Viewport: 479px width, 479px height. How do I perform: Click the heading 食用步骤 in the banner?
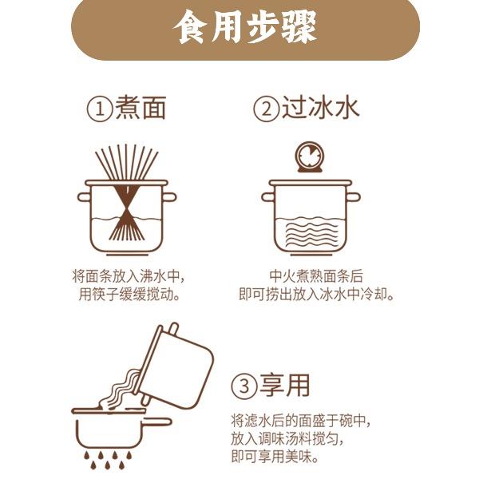click(245, 27)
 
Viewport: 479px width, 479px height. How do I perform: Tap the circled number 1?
click(100, 109)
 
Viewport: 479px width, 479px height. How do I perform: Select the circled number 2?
click(266, 109)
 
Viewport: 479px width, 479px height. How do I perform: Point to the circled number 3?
click(244, 386)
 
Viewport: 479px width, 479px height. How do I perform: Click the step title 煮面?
click(141, 107)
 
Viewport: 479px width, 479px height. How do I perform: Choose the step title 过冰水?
click(320, 107)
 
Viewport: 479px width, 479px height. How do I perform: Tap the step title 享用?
click(285, 385)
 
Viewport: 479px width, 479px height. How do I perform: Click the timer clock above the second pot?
click(311, 156)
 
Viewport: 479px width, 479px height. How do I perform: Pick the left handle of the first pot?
click(84, 197)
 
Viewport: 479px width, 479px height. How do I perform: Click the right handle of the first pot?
click(169, 197)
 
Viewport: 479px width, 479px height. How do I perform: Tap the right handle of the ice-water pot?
click(353, 197)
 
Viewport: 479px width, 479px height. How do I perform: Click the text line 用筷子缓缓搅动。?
click(129, 295)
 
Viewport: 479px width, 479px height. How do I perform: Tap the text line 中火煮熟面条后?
click(316, 276)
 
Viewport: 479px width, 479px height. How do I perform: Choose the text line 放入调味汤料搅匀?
click(287, 439)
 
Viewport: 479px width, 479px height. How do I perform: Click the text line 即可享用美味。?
click(275, 457)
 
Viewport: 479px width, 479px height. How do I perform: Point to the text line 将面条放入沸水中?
click(129, 276)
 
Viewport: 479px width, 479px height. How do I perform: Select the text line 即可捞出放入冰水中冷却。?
click(316, 295)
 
